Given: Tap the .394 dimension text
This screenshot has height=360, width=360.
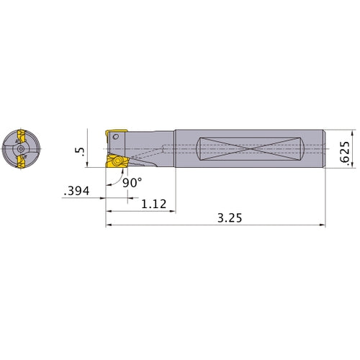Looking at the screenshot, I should tap(78, 191).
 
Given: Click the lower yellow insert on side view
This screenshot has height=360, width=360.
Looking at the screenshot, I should tap(115, 163).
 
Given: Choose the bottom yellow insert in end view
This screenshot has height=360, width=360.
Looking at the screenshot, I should tap(22, 163).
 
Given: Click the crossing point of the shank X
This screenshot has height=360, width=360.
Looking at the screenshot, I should tap(248, 149).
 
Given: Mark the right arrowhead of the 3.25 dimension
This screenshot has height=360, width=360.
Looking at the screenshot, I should tap(323, 225).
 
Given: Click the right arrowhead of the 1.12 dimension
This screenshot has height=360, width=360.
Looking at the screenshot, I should tap(174, 212).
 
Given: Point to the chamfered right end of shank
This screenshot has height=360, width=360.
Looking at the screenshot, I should tap(323, 149).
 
